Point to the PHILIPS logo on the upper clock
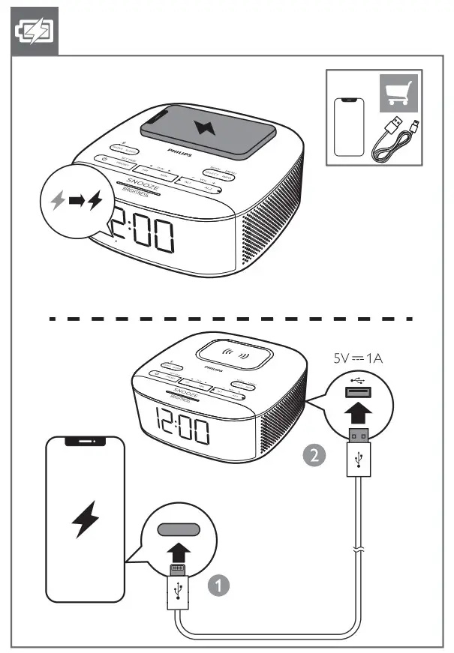[179, 151]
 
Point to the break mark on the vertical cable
[359, 550]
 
